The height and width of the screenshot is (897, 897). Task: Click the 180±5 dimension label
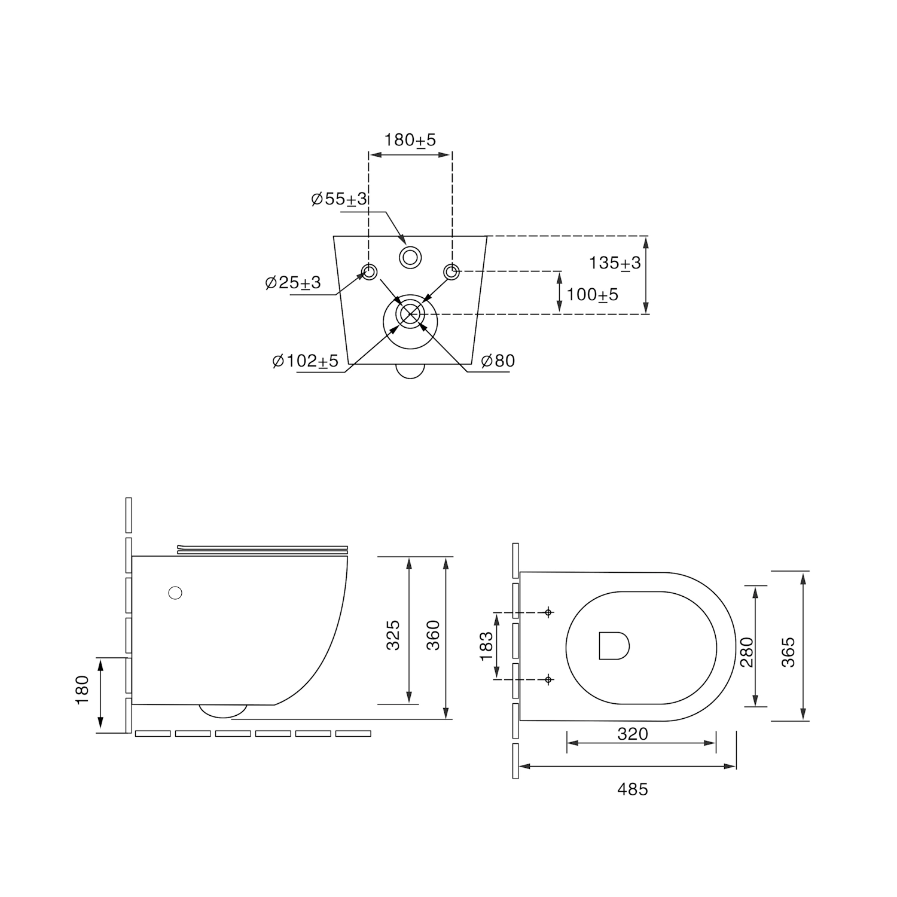click(410, 140)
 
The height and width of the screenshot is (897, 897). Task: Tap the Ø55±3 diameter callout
click(339, 199)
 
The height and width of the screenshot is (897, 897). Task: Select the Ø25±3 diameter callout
click(293, 282)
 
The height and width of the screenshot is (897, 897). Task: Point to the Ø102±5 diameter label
click(305, 361)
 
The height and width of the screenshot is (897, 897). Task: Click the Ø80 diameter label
click(498, 361)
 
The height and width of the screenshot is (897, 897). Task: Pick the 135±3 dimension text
click(615, 263)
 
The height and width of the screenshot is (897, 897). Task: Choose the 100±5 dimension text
click(593, 295)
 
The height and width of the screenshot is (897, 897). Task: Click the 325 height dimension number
click(393, 635)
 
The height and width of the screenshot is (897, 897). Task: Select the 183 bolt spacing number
click(487, 646)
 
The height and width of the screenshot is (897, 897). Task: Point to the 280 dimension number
click(747, 652)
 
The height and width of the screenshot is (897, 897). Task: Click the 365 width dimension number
click(788, 652)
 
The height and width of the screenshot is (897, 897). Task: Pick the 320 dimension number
click(633, 734)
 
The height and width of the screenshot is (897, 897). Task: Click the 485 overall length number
click(633, 789)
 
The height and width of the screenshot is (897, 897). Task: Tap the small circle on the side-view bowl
click(175, 593)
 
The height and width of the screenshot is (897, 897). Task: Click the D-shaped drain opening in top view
click(614, 645)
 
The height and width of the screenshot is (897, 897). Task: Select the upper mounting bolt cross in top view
click(548, 612)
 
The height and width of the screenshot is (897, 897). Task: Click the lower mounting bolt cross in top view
click(548, 679)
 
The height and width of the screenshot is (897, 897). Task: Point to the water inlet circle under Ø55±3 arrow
click(410, 257)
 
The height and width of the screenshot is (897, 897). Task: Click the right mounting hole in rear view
click(451, 272)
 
